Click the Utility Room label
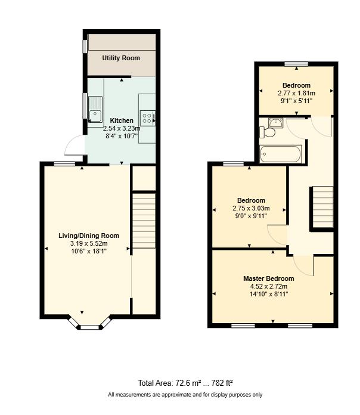point(121,58)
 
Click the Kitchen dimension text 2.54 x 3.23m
point(122,128)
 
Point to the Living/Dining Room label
point(89,236)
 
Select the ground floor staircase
point(143,221)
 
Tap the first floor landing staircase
point(322,207)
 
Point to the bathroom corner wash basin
point(275,123)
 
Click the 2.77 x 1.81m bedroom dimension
point(296,93)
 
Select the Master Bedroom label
point(268,278)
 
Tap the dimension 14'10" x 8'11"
point(268,294)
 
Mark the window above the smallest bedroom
point(296,64)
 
